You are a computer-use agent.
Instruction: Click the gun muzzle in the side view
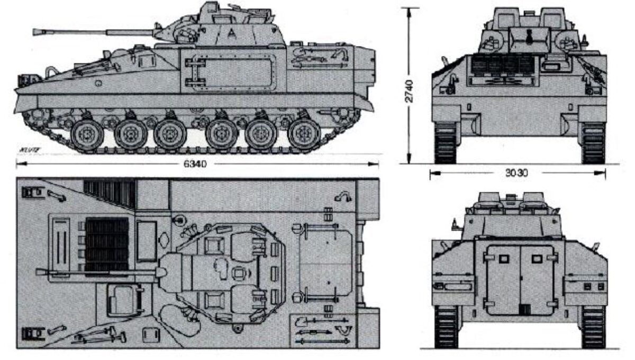pyautogui.click(x=38, y=32)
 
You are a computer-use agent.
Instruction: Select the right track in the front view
pyautogui.click(x=593, y=143)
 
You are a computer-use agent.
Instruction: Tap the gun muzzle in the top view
pyautogui.click(x=39, y=272)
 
